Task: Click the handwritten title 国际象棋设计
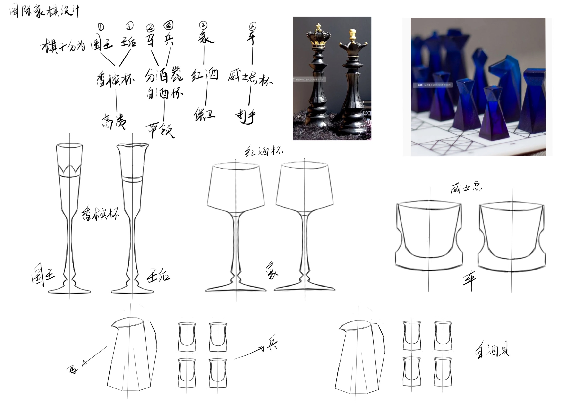point(44,11)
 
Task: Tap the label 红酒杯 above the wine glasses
point(264,152)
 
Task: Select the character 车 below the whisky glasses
point(469,280)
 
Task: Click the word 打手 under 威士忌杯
point(246,116)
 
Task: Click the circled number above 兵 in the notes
point(168,25)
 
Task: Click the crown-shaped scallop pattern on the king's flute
point(69,169)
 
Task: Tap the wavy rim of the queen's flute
point(133,145)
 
